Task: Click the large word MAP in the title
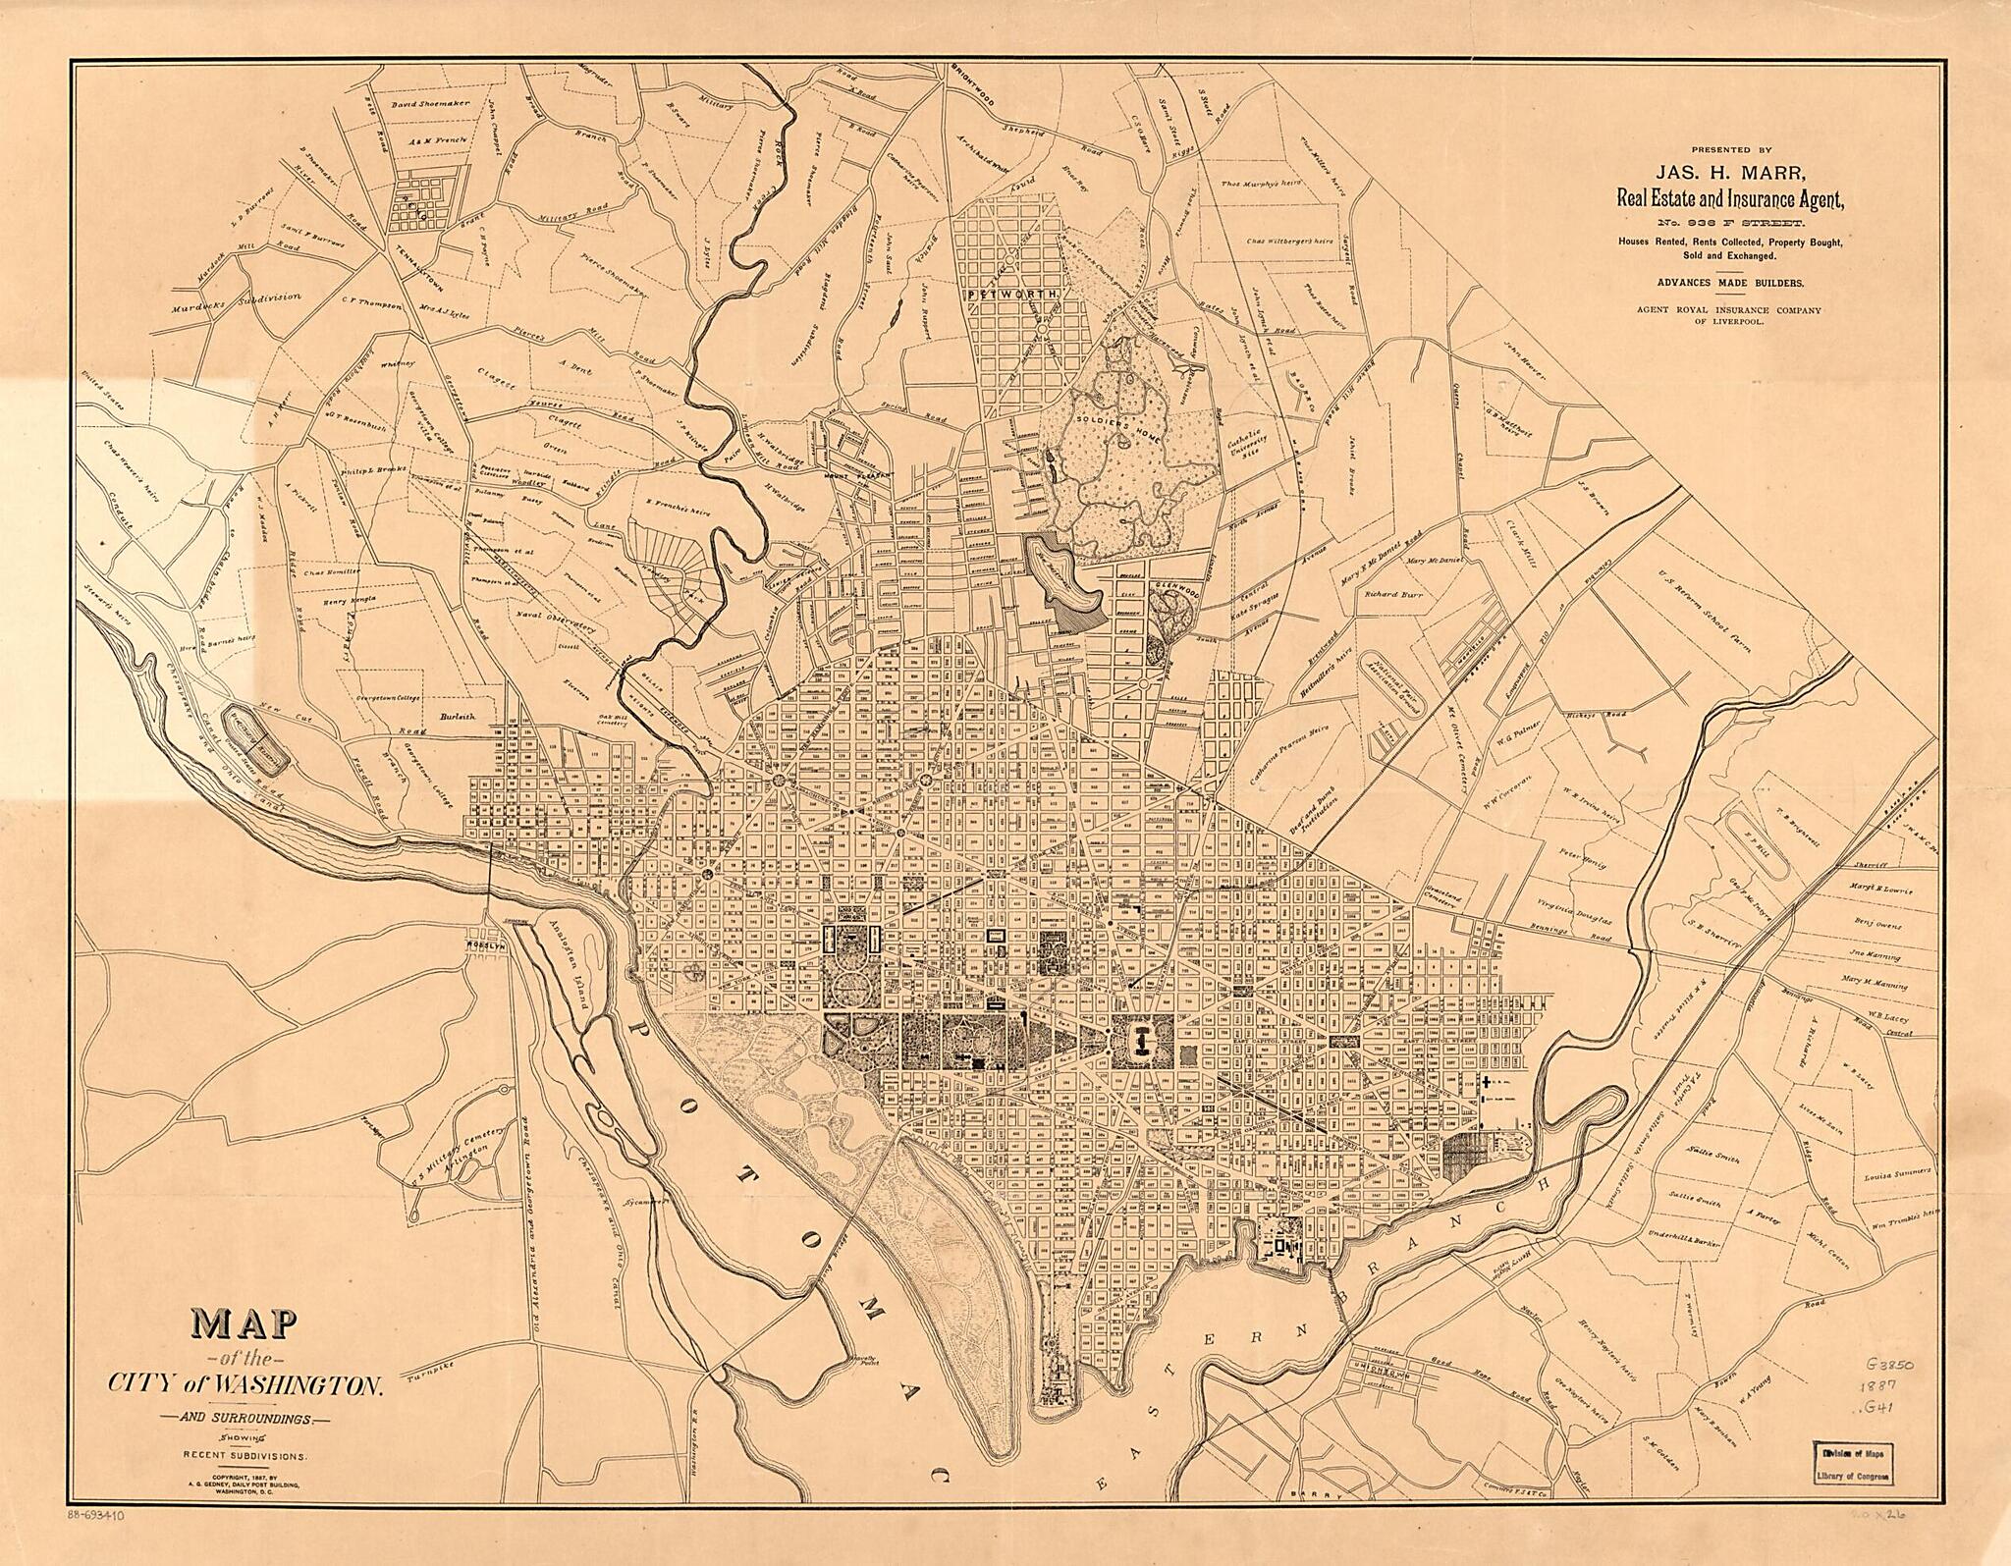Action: pyautogui.click(x=245, y=1329)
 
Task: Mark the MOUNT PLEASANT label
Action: pyautogui.click(x=859, y=475)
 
